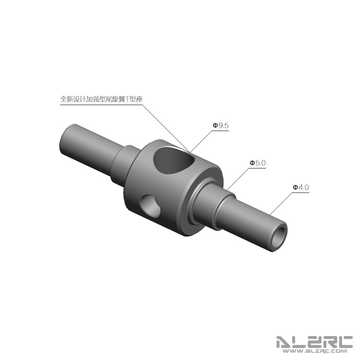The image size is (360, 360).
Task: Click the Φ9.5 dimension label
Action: point(221,126)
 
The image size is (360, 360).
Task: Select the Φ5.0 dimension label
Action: point(258,163)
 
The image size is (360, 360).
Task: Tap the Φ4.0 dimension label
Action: point(301,187)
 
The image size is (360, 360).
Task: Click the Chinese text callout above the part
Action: point(101,99)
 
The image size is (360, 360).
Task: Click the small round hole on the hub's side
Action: point(151,206)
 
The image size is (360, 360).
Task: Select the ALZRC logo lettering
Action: point(314,342)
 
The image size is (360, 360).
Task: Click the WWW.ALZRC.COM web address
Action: point(314,351)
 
